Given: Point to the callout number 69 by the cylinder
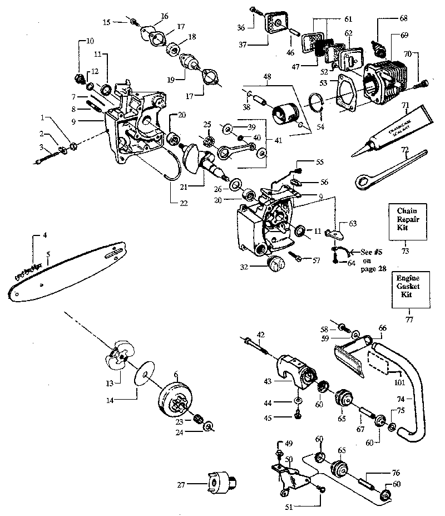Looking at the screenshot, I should (403, 35).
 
